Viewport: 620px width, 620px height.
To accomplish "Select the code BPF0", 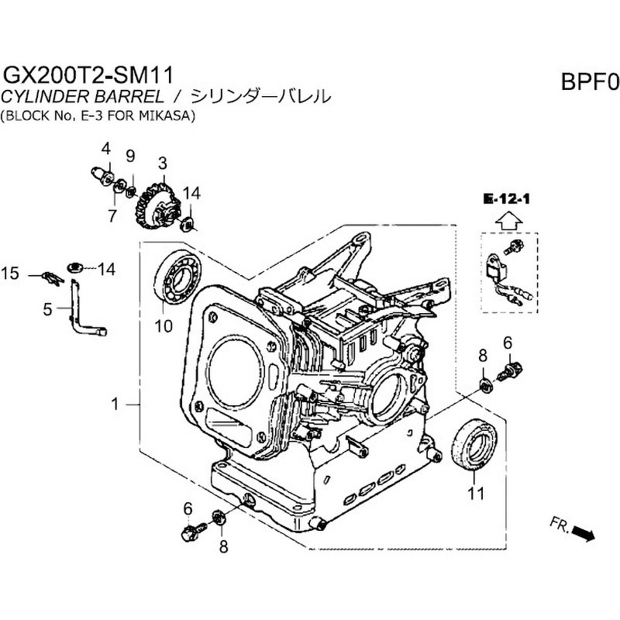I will click(587, 81).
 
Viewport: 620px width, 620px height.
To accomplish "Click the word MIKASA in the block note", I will click(168, 116).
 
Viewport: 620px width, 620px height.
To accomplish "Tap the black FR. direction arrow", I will click(584, 533).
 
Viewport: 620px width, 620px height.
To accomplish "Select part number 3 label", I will click(163, 164).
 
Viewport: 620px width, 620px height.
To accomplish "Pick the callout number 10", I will click(163, 325).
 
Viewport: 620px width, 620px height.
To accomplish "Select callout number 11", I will click(474, 491).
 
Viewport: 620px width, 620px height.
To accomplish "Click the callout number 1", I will click(115, 404).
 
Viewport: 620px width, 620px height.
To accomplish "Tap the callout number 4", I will click(106, 148).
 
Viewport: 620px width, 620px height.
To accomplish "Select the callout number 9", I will click(130, 156).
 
